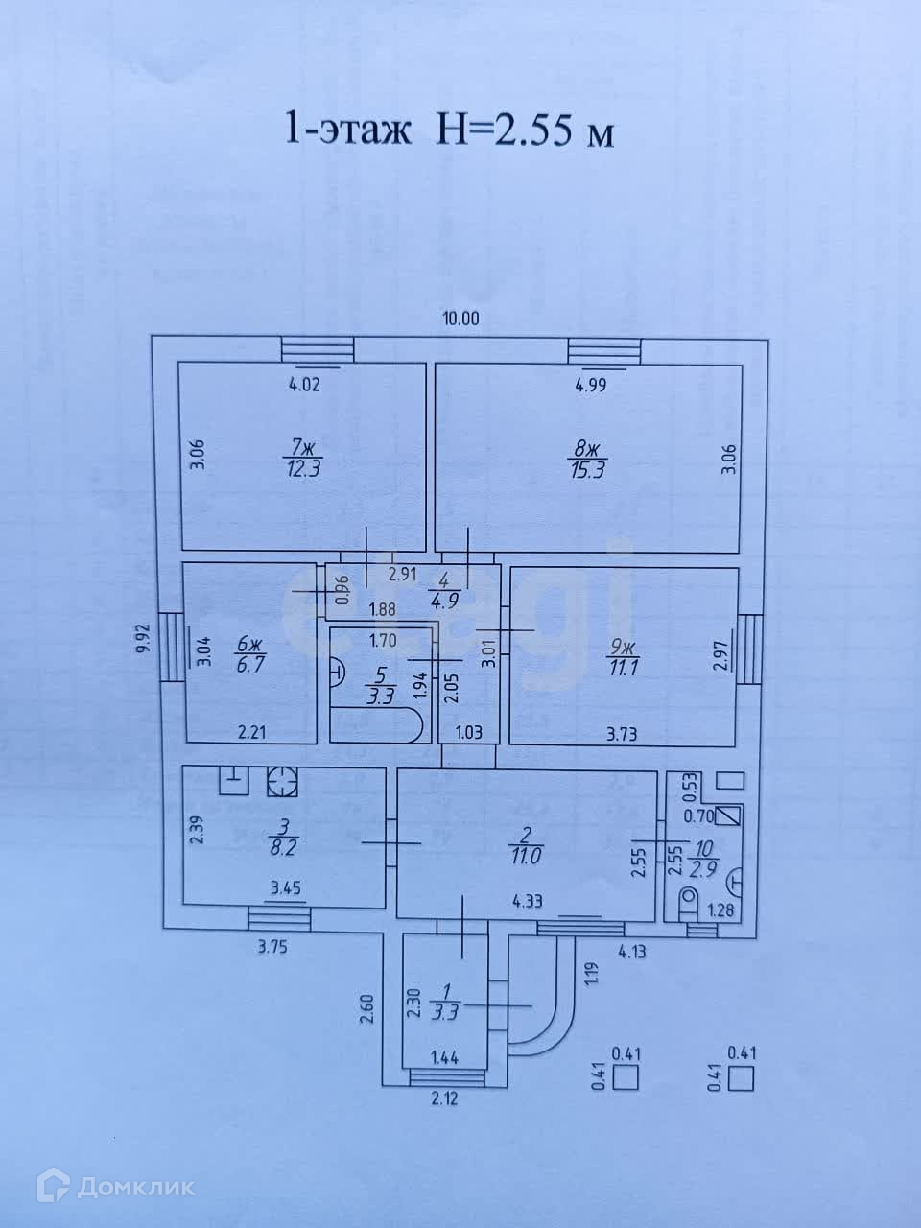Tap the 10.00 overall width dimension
pyautogui.click(x=460, y=319)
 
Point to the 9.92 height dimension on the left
pyautogui.click(x=144, y=638)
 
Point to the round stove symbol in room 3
pyautogui.click(x=283, y=782)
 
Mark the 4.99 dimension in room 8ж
pyautogui.click(x=592, y=388)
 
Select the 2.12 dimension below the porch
pyautogui.click(x=444, y=1098)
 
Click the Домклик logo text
pyautogui.click(x=135, y=1188)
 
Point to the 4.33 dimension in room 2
pyautogui.click(x=530, y=901)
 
